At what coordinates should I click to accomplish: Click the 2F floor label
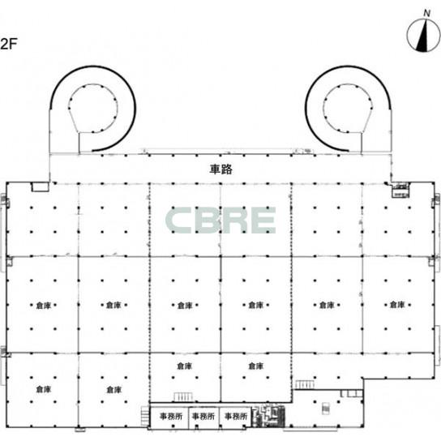9,44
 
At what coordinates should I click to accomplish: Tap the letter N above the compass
427,13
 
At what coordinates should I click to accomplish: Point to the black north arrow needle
422,36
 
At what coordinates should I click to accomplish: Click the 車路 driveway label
220,169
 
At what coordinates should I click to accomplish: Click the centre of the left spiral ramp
92,109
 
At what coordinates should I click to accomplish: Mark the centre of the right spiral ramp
348,109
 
